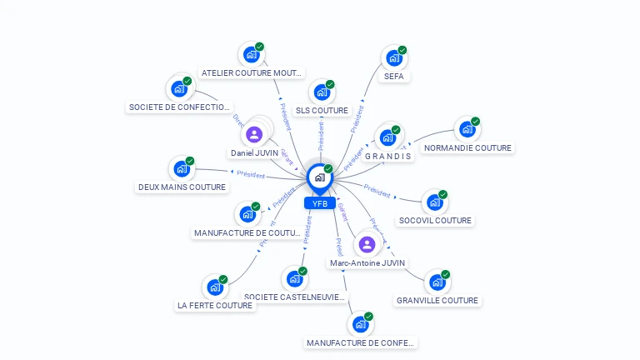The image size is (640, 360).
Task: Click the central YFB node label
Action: (319, 203)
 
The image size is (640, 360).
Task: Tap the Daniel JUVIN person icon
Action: (254, 133)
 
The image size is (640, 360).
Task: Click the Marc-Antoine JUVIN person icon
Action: (367, 244)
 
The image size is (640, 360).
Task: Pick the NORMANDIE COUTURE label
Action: (467, 148)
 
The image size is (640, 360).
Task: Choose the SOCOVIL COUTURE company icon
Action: (434, 202)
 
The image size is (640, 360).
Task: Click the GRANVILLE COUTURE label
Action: (437, 301)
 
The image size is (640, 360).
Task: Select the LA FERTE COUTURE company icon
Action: (214, 287)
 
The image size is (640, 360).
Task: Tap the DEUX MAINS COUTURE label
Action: (182, 187)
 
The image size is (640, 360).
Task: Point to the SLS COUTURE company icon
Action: (322, 92)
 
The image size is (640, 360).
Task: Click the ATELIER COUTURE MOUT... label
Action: (252, 73)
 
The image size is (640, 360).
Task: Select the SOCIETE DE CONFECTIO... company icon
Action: (179, 88)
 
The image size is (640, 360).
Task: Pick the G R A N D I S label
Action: (387, 157)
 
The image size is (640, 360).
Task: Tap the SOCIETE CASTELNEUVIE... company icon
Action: (294, 278)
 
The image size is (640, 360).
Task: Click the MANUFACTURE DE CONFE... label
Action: (360, 342)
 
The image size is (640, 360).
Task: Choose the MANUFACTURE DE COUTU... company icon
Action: (247, 214)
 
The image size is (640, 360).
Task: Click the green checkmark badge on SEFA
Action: (402, 50)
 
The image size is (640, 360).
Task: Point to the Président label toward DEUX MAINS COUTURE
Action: (251, 175)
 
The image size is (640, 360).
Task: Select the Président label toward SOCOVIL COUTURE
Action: (377, 191)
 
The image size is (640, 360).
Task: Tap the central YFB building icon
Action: (318, 177)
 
